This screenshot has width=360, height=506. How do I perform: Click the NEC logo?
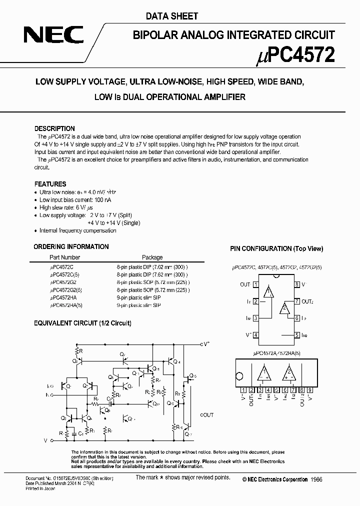tap(55, 36)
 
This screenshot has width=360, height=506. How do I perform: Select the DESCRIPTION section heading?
tap(54, 128)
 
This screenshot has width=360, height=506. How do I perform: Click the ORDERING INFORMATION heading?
tap(71, 246)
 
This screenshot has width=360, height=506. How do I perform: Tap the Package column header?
tap(152, 258)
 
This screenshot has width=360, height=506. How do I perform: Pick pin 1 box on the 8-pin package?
tap(255, 284)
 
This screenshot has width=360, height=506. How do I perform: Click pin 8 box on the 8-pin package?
tap(296, 284)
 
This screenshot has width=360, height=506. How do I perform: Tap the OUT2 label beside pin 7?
tap(307, 301)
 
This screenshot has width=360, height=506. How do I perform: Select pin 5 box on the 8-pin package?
tap(296, 335)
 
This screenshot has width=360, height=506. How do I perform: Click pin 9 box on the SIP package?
tap(310, 390)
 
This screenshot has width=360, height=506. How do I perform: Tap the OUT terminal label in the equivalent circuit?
tap(206, 415)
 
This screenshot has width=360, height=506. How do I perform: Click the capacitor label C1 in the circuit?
tap(80, 433)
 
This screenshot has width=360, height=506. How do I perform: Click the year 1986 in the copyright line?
tap(316, 479)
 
